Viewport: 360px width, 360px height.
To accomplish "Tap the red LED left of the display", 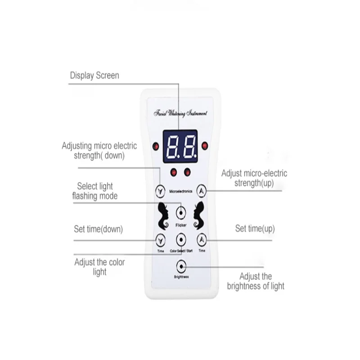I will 155,146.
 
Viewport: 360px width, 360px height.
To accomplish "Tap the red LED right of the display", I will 205,145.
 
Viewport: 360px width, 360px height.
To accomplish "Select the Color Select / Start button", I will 181,239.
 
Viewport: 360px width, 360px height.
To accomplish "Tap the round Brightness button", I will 181,265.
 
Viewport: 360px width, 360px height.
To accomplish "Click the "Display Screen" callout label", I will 94,75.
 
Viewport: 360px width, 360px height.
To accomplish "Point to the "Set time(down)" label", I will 98,229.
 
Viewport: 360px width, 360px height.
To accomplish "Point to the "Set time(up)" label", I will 255,229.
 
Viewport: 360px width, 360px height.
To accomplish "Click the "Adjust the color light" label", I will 99,267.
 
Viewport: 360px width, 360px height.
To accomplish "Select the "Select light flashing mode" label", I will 95,191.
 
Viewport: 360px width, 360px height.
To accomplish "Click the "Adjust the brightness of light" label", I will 255,281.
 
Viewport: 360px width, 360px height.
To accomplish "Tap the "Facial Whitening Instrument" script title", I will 180,114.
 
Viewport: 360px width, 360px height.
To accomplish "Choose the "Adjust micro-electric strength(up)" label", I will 254,178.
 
